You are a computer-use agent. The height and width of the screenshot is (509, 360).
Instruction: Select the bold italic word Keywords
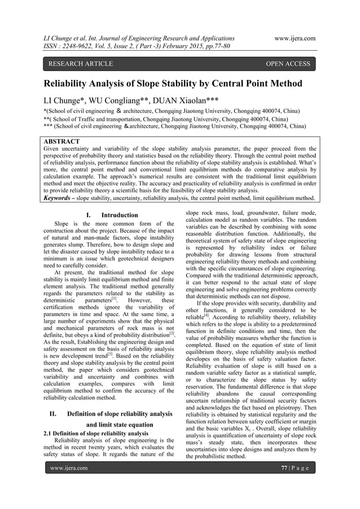[x=61, y=198]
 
